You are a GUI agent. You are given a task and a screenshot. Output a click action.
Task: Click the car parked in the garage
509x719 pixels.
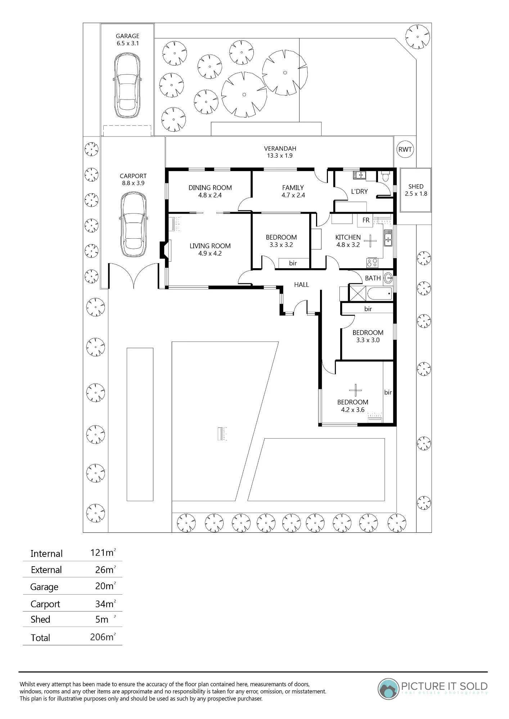(x=127, y=86)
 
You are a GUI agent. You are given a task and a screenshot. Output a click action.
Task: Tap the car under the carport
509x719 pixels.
(x=134, y=224)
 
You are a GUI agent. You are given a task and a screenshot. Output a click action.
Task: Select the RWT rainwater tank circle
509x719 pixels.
(x=405, y=150)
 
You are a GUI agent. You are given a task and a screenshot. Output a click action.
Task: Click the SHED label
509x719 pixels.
(x=416, y=187)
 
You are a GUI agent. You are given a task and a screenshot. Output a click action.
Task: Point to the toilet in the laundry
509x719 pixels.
(x=385, y=176)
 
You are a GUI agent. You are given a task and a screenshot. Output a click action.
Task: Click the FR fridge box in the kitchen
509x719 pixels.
(x=365, y=220)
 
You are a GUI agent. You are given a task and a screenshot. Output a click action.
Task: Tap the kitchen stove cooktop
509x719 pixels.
(x=372, y=263)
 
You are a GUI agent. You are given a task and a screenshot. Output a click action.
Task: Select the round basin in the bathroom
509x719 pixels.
(x=388, y=278)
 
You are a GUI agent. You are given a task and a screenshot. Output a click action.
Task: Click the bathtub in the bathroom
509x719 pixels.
(x=379, y=293)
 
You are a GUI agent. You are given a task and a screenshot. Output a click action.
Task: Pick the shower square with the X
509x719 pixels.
(x=358, y=293)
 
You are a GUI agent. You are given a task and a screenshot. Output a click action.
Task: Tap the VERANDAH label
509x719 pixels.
(x=280, y=148)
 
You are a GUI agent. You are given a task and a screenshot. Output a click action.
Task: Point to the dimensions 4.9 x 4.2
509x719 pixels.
(x=210, y=253)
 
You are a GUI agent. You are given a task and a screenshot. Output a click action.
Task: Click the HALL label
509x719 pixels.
(x=301, y=285)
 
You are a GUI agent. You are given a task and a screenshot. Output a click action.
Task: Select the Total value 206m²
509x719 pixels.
(x=103, y=637)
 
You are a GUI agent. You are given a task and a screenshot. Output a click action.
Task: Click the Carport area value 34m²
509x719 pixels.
(x=105, y=604)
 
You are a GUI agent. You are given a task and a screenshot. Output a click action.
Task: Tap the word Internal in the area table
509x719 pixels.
(x=46, y=554)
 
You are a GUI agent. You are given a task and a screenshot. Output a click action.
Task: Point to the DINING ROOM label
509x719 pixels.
(x=210, y=188)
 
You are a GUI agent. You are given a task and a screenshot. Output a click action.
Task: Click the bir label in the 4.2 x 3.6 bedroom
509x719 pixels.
(x=388, y=392)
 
